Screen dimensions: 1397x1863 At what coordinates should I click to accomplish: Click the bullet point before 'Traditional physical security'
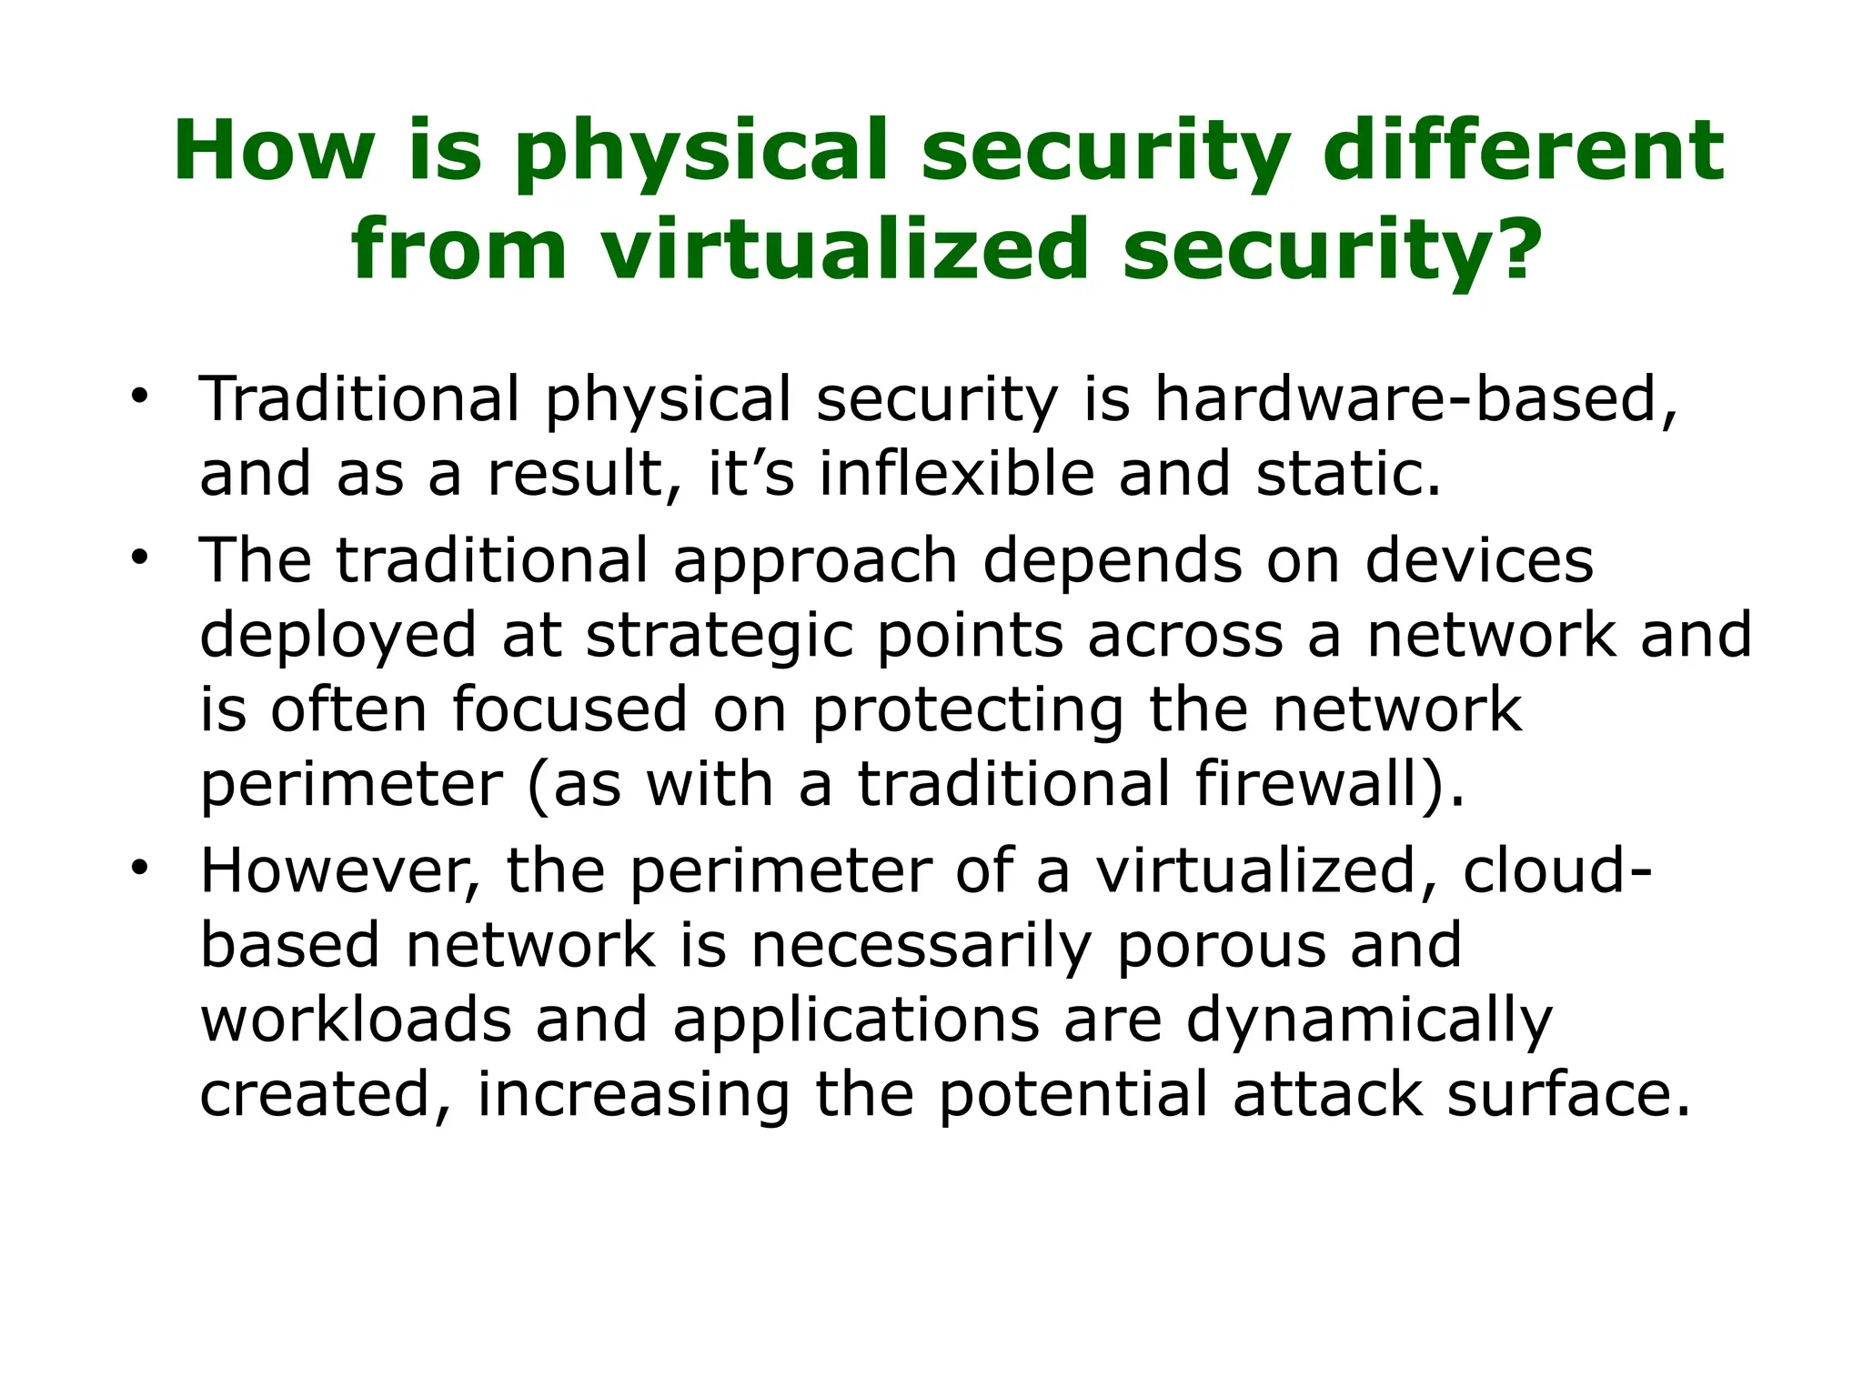[138, 397]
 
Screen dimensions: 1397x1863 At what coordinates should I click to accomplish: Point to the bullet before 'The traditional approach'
[138, 558]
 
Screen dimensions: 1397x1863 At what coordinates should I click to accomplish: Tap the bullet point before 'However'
[138, 869]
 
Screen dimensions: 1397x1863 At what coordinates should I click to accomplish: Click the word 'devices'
[1479, 559]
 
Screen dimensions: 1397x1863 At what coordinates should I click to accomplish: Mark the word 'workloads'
[356, 1020]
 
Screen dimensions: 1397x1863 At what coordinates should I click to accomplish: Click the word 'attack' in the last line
[1328, 1094]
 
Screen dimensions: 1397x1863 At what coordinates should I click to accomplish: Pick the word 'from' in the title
[459, 249]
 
